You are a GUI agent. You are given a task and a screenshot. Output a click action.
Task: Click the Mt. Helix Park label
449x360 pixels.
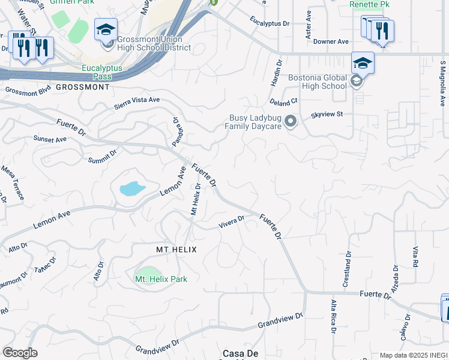click(161, 279)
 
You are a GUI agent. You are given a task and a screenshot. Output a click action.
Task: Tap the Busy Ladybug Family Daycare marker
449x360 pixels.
click(291, 122)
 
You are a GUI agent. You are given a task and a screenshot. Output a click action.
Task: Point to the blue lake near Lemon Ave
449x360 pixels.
click(132, 189)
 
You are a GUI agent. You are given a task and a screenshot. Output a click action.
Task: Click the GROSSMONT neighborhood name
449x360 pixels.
click(83, 87)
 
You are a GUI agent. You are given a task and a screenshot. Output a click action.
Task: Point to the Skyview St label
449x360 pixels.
click(327, 114)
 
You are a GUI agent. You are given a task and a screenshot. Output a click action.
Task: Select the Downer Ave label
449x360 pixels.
click(331, 41)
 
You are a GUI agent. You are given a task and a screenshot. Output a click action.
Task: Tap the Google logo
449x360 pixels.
click(20, 353)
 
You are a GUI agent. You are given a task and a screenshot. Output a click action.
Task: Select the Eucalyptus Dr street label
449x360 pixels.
click(270, 24)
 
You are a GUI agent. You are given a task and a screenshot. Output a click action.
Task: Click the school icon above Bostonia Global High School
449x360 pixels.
click(363, 63)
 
